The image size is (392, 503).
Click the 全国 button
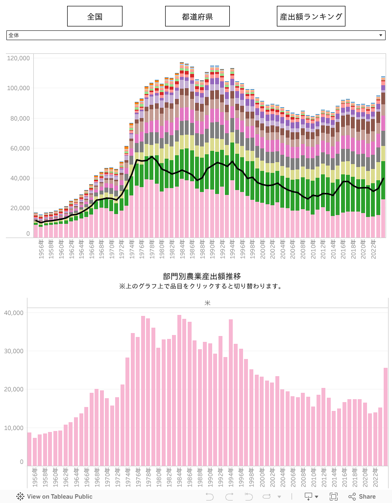coord(95,16)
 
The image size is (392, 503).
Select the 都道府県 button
coord(197,16)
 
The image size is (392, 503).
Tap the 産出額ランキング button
coord(311,16)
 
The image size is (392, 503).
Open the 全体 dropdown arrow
coord(381,36)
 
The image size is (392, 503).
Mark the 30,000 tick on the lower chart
coord(15,351)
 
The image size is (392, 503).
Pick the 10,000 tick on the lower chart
coord(15,428)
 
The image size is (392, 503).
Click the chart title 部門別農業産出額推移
coord(202,277)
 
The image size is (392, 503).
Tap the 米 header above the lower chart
coord(207,303)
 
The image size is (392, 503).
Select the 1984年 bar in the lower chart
coord(179,392)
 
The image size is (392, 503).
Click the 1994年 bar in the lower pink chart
coord(231,392)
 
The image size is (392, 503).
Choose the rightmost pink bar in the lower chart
coord(386,416)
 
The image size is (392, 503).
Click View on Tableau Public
coord(55,497)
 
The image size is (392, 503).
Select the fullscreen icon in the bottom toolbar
coord(334,497)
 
